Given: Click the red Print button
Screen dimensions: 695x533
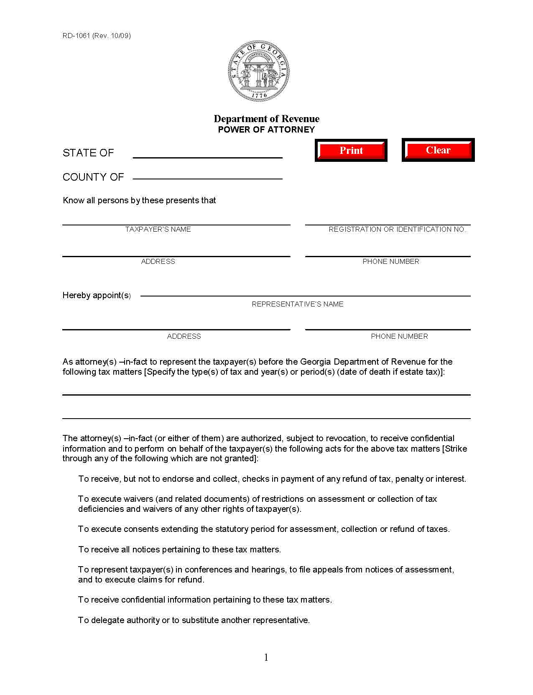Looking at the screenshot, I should [351, 151].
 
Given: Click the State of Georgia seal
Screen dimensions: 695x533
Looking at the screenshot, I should [259, 71].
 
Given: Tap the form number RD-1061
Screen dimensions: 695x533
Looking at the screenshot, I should [76, 36].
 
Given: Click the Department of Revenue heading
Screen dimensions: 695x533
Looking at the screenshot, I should [266, 119].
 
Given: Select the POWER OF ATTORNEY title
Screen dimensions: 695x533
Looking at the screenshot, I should [266, 130].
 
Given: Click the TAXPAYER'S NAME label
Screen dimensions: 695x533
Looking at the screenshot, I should [158, 230].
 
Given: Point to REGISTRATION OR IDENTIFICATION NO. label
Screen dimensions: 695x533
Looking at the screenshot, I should [397, 230].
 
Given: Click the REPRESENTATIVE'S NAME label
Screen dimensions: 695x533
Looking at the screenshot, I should [297, 304].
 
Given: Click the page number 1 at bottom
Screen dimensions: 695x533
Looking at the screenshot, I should [266, 658].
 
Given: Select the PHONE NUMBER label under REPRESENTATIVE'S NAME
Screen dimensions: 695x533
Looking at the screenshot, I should [399, 337].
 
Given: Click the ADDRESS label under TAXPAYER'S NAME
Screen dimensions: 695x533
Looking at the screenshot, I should [158, 262].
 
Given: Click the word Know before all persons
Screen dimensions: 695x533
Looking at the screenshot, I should [74, 201].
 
